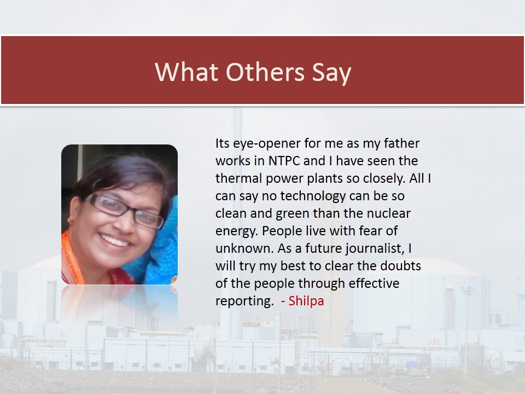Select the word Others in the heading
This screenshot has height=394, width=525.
coord(265,72)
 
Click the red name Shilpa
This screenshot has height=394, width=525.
coord(306,301)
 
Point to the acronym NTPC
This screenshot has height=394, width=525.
coord(284,161)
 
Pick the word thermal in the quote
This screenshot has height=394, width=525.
coord(238,178)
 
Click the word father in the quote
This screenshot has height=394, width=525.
coord(401,143)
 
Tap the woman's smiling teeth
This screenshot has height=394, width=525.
coord(114,240)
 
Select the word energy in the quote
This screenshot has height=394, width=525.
coord(237,231)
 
